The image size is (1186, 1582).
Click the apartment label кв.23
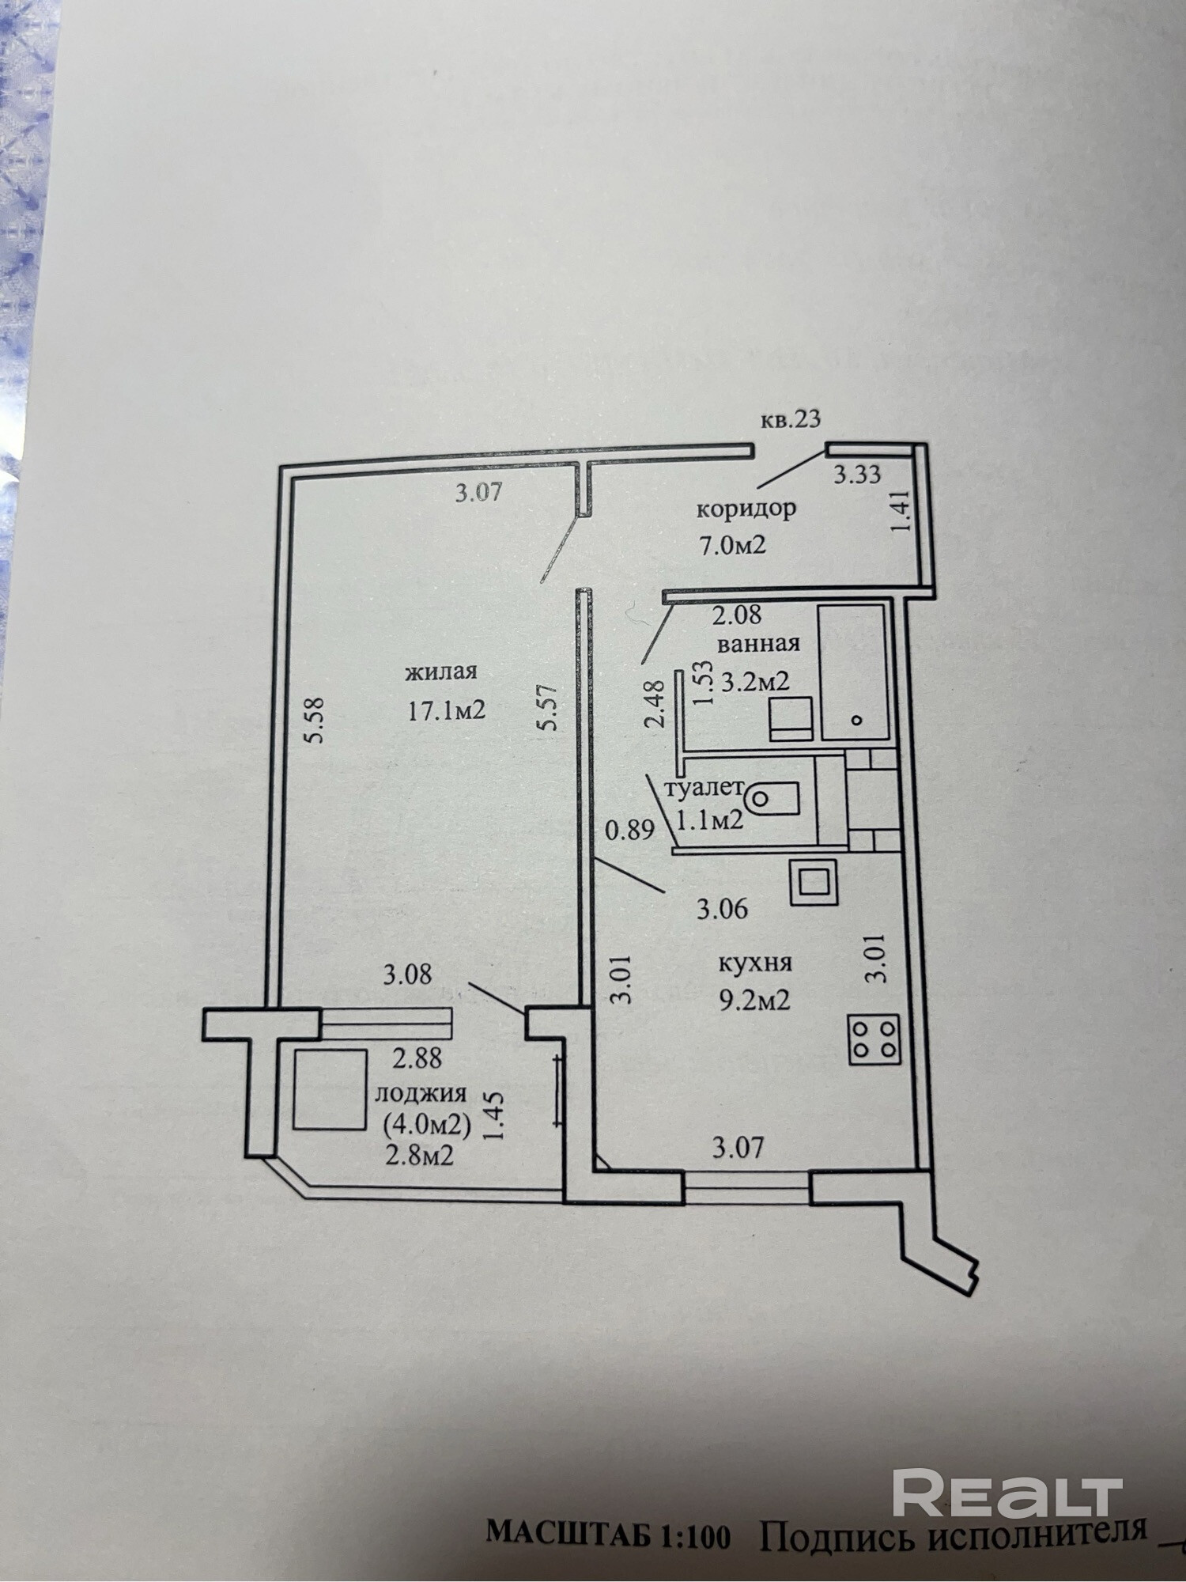coord(790,419)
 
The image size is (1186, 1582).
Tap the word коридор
coord(746,509)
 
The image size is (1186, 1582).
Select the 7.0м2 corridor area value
coord(731,545)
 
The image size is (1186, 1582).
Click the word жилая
coord(441,672)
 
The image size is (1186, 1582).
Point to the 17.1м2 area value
coord(445,710)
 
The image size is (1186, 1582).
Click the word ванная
coord(758,643)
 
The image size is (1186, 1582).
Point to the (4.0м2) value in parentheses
coord(426,1124)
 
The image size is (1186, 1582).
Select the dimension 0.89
coord(630,831)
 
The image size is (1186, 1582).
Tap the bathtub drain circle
coord(856,720)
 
